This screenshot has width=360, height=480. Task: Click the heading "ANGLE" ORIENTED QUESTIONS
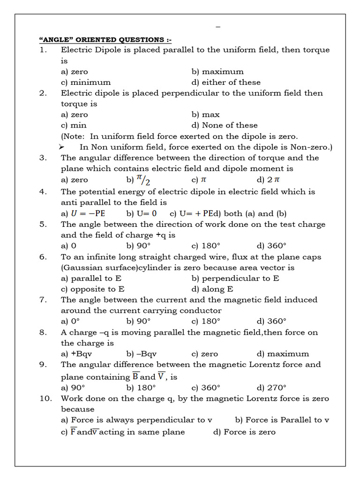[x=105, y=39]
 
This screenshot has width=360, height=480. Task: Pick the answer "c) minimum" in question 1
[x=86, y=82]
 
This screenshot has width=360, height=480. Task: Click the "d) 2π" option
[x=269, y=180]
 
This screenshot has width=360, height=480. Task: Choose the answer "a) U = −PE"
[x=83, y=214]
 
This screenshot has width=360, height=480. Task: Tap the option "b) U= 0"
[x=142, y=214]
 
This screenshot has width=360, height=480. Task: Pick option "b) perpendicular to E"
[x=235, y=278]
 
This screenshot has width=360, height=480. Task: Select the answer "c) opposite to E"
[x=92, y=289]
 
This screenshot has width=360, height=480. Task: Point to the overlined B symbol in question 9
[x=135, y=376]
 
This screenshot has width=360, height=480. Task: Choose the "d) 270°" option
[x=271, y=388]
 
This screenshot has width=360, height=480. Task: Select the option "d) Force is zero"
[x=244, y=432]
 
